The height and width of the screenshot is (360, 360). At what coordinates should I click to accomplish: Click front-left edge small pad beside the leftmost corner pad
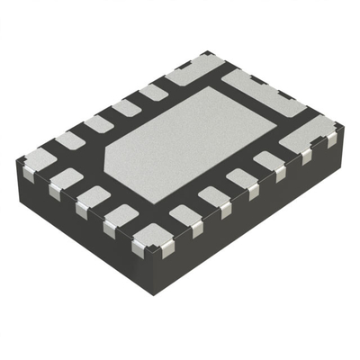(66, 179)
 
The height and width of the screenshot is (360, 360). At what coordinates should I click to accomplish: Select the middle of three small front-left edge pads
(92, 195)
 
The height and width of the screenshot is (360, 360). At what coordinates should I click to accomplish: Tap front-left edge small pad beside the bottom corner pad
(120, 214)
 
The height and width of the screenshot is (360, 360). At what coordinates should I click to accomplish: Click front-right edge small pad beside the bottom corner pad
(184, 215)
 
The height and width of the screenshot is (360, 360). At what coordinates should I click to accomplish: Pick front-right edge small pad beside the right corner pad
(268, 161)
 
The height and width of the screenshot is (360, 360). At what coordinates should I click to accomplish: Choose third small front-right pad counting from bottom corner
(241, 178)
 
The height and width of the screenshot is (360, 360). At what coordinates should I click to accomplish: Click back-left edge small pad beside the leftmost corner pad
(70, 139)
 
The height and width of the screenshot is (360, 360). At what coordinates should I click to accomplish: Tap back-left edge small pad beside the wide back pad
(153, 92)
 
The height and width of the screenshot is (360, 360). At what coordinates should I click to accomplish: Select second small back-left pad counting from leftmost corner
(98, 123)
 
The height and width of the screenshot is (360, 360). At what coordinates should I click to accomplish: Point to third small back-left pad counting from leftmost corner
(126, 108)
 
